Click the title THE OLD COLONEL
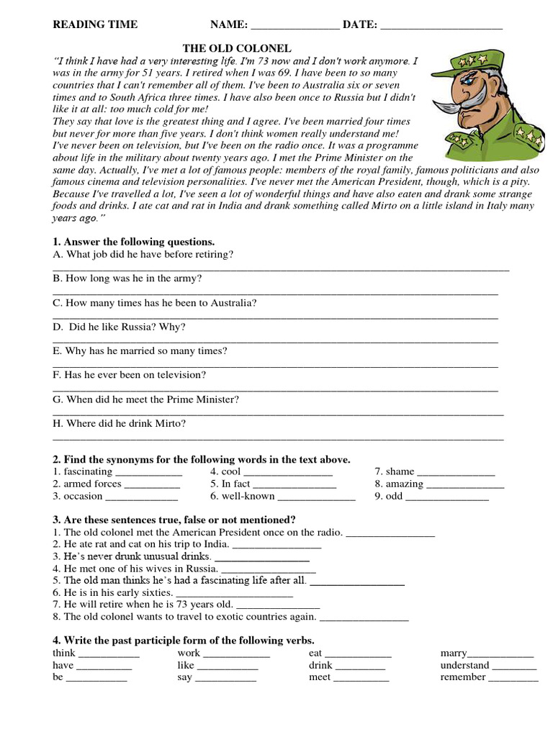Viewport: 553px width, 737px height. [x=237, y=48]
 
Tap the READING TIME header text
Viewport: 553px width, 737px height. [x=95, y=24]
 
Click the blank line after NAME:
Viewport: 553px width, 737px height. [x=295, y=26]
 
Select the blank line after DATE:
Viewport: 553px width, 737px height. [x=441, y=26]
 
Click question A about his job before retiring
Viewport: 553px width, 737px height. [x=143, y=254]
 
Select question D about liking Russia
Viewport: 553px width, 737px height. [x=119, y=327]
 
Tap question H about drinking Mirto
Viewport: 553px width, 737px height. [x=120, y=423]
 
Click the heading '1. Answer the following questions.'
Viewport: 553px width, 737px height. [x=134, y=242]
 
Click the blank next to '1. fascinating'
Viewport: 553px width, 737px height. [x=149, y=473]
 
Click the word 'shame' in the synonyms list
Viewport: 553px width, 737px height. [x=400, y=471]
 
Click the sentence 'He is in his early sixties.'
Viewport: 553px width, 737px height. [x=113, y=592]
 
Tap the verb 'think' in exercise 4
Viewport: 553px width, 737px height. [x=64, y=653]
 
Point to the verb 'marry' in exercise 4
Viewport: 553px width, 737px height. [x=454, y=653]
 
